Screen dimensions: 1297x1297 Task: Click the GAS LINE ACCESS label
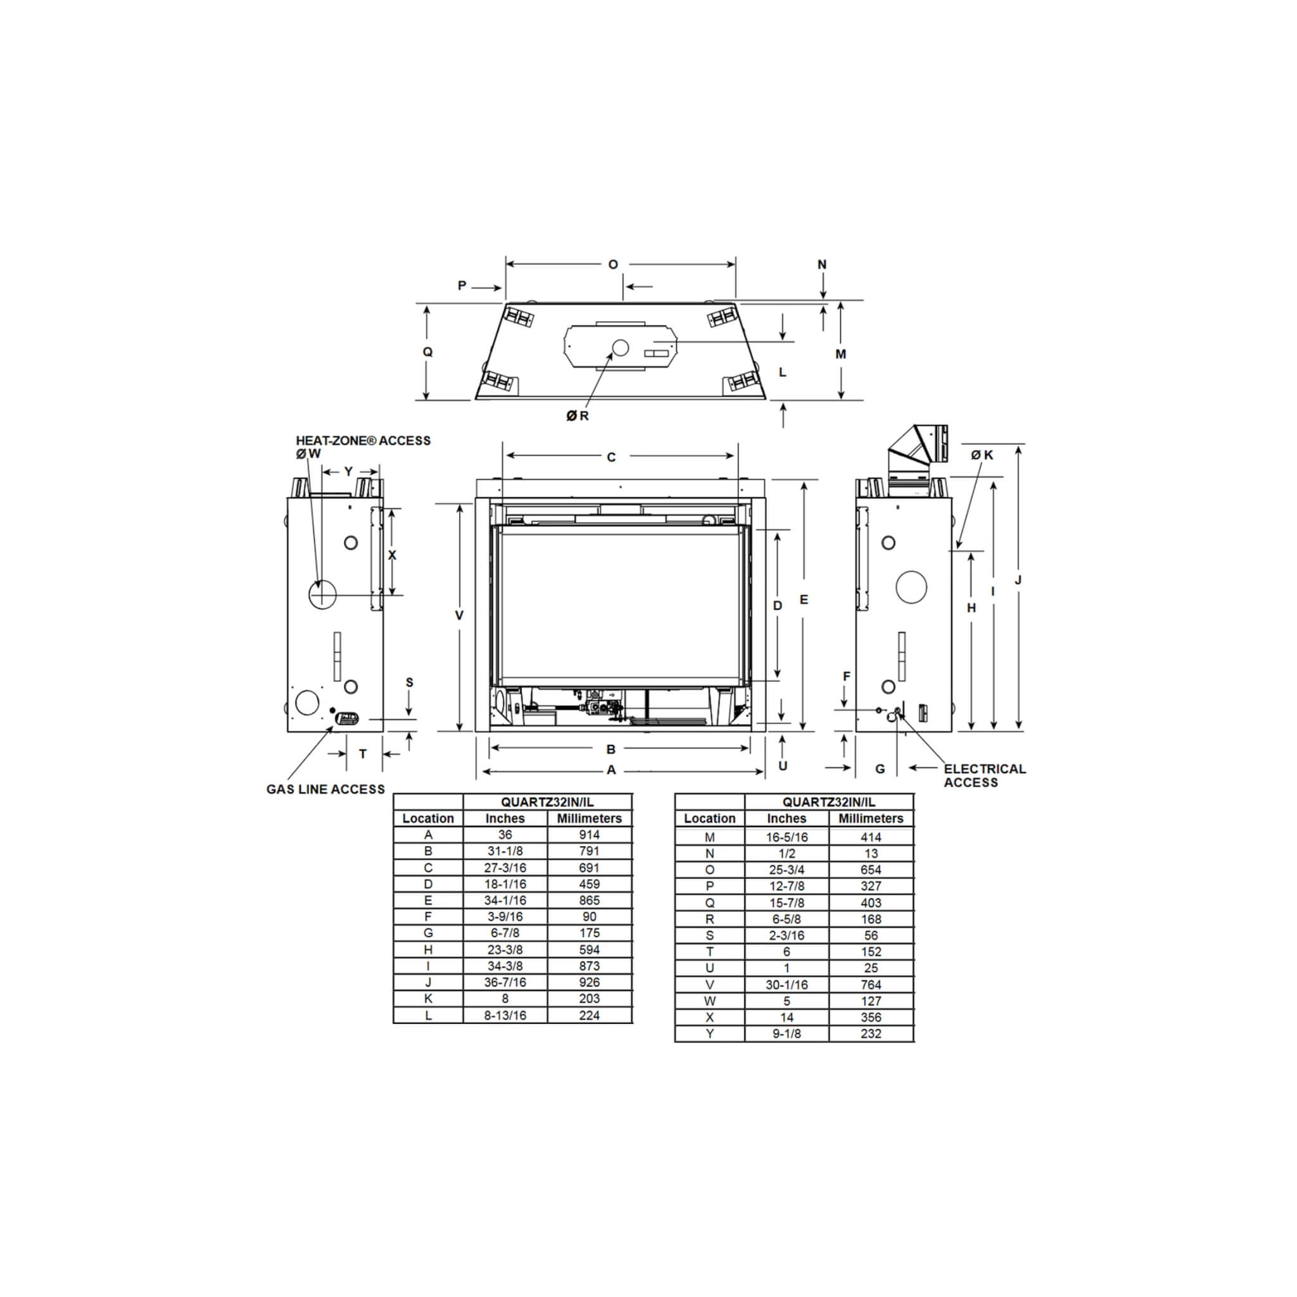click(326, 789)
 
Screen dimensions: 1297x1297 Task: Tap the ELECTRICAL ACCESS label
click(984, 775)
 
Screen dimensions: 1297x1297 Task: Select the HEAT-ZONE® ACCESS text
click(363, 440)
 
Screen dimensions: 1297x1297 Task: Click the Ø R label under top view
click(578, 415)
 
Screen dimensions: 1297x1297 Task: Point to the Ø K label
click(982, 455)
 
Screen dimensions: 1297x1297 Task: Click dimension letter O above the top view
click(613, 265)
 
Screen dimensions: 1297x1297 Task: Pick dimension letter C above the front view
click(611, 457)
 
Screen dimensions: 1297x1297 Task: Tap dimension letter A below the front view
click(611, 770)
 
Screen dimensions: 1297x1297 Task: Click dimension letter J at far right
click(1018, 580)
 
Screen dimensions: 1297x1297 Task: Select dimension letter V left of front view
click(459, 615)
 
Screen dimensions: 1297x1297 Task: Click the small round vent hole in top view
click(619, 347)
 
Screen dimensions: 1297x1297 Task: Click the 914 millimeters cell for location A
click(589, 835)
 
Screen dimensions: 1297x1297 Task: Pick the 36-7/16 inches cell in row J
click(505, 982)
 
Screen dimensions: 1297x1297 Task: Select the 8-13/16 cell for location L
click(505, 1015)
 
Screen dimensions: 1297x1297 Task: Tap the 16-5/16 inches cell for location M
click(786, 837)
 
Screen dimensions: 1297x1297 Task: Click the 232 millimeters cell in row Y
click(871, 1033)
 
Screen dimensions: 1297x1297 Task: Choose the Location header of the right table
click(709, 818)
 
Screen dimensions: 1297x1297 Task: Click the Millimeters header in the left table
click(589, 818)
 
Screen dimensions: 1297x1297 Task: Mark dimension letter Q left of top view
click(427, 351)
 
